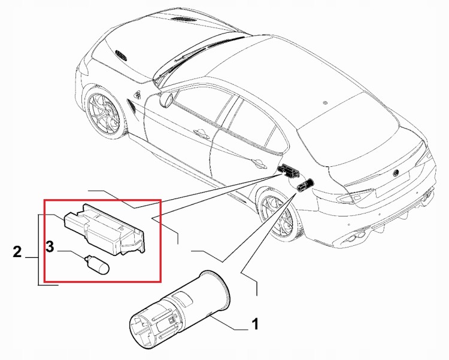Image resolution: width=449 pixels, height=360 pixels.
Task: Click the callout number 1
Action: pyautogui.click(x=254, y=324)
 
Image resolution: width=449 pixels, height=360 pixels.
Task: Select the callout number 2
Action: pyautogui.click(x=17, y=252)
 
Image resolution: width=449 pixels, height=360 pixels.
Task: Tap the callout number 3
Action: pyautogui.click(x=50, y=246)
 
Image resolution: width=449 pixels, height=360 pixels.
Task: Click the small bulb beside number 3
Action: pyautogui.click(x=97, y=266)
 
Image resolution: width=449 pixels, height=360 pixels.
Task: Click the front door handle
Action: pyautogui.click(x=202, y=133)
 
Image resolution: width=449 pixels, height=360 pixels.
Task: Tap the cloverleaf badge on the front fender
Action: pyautogui.click(x=138, y=94)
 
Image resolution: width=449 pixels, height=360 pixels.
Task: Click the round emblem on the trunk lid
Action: pyautogui.click(x=396, y=173)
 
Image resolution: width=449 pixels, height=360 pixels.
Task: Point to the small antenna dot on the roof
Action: pyautogui.click(x=324, y=102)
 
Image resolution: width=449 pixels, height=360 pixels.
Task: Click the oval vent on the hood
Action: pyautogui.click(x=120, y=55)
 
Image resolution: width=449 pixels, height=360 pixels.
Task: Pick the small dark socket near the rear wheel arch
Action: pyautogui.click(x=305, y=185)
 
